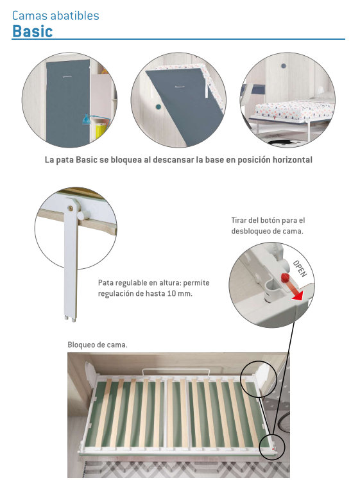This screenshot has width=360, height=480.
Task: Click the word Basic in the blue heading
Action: click(33, 31)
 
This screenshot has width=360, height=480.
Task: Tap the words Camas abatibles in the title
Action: click(55, 15)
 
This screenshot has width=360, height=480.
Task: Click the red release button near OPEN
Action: click(286, 278)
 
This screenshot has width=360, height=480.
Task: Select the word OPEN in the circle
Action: click(300, 268)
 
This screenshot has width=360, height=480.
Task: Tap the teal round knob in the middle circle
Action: click(159, 107)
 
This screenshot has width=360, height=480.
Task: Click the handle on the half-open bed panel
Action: click(180, 87)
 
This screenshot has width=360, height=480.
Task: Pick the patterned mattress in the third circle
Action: click(294, 110)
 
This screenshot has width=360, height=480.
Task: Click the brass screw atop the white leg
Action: click(71, 208)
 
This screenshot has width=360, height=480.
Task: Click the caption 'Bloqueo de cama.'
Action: click(98, 345)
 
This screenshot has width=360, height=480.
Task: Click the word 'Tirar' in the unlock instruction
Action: click(239, 220)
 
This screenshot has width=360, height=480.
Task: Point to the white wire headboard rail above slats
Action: click(176, 372)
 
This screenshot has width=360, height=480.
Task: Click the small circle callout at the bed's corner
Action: click(272, 447)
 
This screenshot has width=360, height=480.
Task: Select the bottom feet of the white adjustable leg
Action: click(70, 319)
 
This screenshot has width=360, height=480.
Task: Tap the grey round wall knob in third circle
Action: click(284, 66)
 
